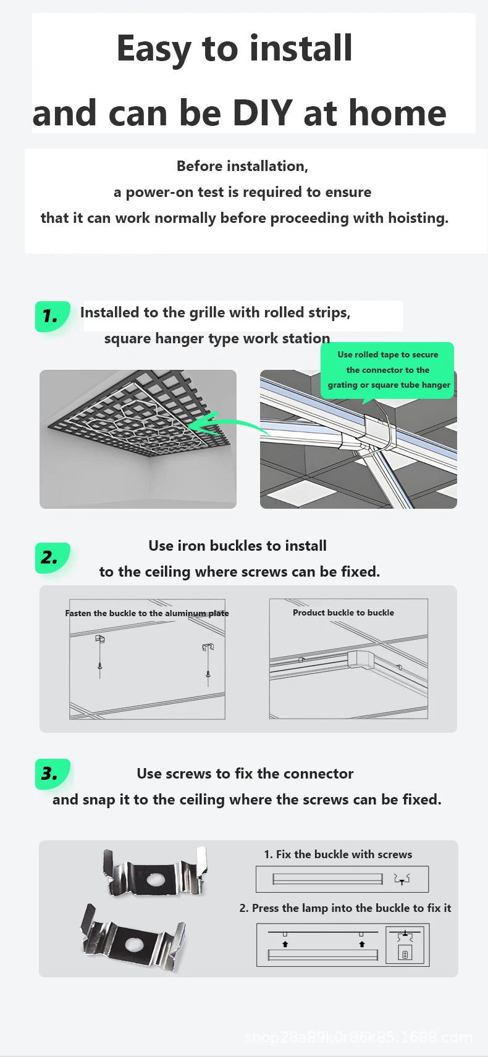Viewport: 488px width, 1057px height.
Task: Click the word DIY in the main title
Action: point(263,113)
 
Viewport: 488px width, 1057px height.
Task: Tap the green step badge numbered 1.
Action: point(53,316)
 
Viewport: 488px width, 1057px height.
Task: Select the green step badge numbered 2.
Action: point(53,558)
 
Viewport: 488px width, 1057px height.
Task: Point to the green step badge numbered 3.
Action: point(53,774)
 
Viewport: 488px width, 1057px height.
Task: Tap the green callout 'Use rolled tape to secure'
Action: point(387,354)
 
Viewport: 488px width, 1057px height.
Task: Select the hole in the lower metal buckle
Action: point(134,942)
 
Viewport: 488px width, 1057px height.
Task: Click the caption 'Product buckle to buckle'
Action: point(343,612)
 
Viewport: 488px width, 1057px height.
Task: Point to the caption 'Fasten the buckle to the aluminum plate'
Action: point(147,614)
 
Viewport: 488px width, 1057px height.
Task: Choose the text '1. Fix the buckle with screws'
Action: point(338,854)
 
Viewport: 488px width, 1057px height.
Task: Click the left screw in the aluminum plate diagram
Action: point(99,666)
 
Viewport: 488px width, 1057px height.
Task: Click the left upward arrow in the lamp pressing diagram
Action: point(285,944)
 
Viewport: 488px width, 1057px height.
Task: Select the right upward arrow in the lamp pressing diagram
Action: point(361,944)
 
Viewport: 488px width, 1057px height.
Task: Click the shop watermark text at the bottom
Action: point(359,1037)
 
